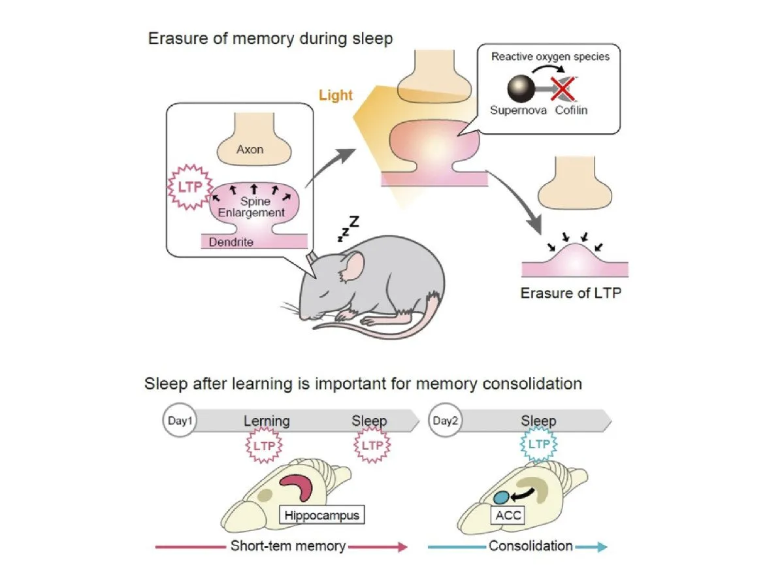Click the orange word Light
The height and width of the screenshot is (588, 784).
(x=335, y=95)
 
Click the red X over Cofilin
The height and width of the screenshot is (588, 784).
(x=563, y=89)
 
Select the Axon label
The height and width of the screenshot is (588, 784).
(x=250, y=149)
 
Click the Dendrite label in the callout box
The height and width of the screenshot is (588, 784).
(x=231, y=242)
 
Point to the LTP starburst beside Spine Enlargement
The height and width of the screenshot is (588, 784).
(x=190, y=187)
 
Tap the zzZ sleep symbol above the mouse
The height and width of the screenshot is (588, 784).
(x=348, y=229)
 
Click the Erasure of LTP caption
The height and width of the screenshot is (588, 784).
(x=571, y=293)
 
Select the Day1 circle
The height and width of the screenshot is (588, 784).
(x=180, y=421)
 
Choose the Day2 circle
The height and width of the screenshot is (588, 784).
(x=445, y=421)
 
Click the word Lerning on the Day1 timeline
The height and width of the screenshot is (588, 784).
(x=267, y=421)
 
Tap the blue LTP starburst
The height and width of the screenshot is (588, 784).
(x=538, y=444)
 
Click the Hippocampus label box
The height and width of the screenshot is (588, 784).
(x=322, y=515)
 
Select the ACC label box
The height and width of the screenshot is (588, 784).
(x=508, y=515)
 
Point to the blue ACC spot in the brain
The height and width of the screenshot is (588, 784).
(x=502, y=497)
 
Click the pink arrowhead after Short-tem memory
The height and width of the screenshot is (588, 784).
(x=403, y=547)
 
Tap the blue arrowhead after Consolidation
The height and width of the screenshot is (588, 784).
(x=602, y=547)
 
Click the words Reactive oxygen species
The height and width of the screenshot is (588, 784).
(x=550, y=57)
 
